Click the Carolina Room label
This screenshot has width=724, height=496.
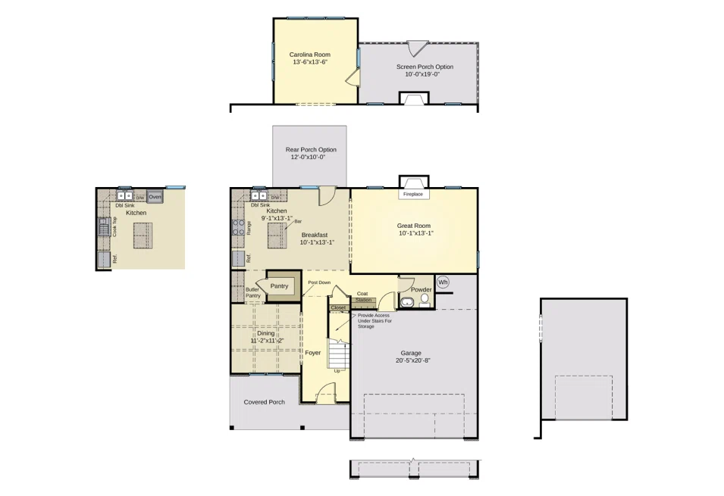click(309, 55)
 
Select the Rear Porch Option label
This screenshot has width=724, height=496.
click(310, 149)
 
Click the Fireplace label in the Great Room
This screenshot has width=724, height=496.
click(413, 195)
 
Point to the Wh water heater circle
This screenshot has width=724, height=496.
click(443, 282)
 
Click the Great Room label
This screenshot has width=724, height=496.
click(413, 226)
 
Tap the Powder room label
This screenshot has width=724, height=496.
click(421, 290)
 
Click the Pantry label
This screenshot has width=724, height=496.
click(280, 286)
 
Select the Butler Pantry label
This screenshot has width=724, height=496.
click(252, 292)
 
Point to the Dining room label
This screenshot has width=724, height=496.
click(265, 333)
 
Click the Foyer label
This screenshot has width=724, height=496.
click(313, 353)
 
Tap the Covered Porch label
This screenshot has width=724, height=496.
click(264, 402)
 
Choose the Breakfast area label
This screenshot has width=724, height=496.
click(314, 235)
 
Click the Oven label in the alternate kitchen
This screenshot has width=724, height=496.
click(155, 197)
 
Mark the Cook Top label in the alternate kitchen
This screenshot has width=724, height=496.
click(114, 227)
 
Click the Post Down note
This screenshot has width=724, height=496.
click(318, 282)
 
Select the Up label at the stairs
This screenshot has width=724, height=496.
click(337, 371)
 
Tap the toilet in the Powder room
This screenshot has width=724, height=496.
click(425, 300)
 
